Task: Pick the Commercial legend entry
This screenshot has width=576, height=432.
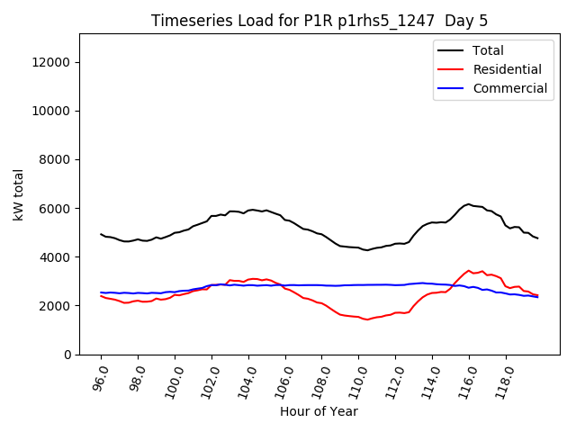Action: tap(509, 88)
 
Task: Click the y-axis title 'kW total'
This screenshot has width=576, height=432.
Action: tap(19, 194)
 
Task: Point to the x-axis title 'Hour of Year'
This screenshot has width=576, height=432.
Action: tap(319, 411)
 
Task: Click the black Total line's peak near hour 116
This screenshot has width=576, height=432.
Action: tap(468, 204)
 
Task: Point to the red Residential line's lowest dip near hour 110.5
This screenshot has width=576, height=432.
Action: tap(367, 319)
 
